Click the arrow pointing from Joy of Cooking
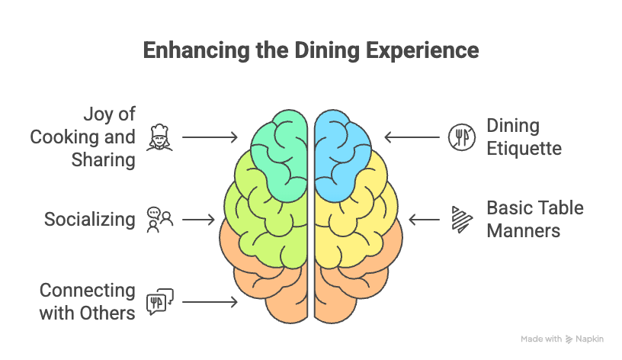click(x=210, y=137)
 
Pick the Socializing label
click(x=89, y=220)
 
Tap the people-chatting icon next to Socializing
click(x=160, y=220)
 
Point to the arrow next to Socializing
click(x=200, y=220)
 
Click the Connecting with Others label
click(x=88, y=302)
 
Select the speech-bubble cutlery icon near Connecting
click(x=160, y=302)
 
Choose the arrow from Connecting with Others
click(x=210, y=302)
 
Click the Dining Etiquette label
click(x=524, y=137)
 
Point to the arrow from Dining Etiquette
click(x=411, y=137)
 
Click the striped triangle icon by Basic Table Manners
click(x=460, y=220)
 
